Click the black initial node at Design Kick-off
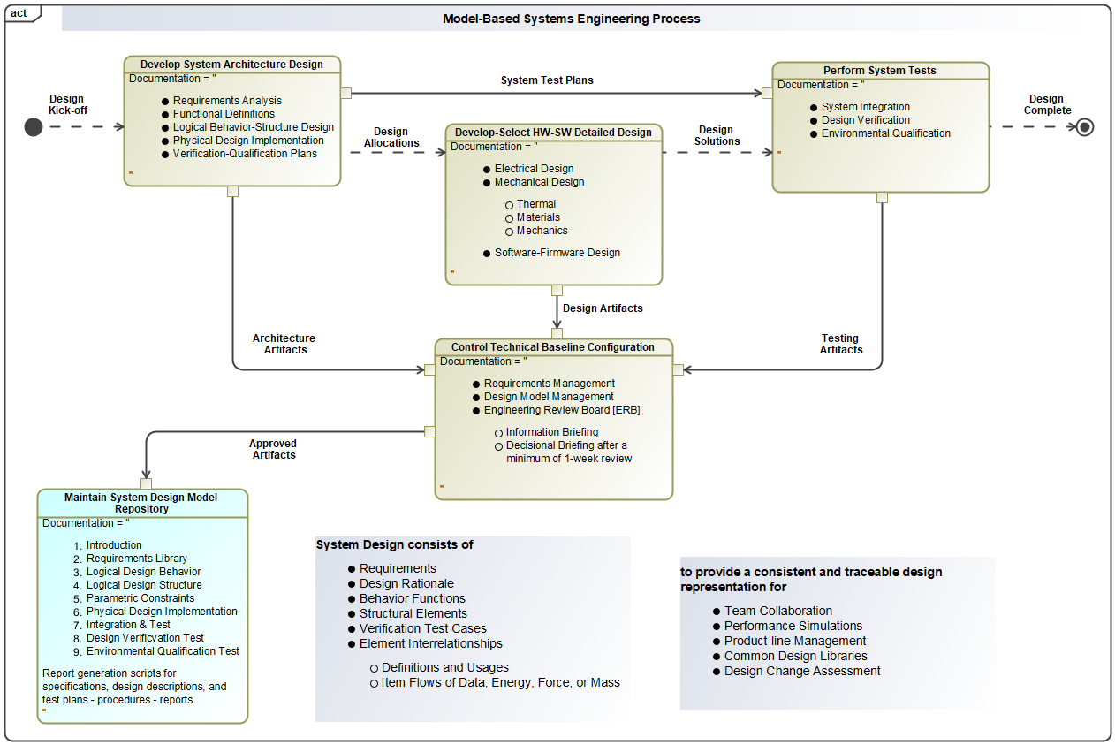click(34, 127)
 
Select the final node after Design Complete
click(1085, 127)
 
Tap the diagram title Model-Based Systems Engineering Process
click(571, 19)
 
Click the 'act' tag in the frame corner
click(19, 13)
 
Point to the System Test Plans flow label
click(547, 80)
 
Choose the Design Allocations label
click(391, 137)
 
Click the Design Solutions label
click(717, 135)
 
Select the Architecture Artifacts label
click(284, 344)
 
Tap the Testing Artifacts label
click(840, 344)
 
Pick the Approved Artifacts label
click(273, 449)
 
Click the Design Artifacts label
click(603, 308)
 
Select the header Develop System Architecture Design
click(231, 65)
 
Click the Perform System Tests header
click(880, 71)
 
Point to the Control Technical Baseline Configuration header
click(553, 347)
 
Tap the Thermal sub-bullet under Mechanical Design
click(536, 204)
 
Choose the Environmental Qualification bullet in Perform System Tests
click(885, 133)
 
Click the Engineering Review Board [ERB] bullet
click(562, 410)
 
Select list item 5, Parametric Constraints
click(140, 598)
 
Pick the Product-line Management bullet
click(795, 641)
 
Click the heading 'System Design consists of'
click(394, 545)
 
